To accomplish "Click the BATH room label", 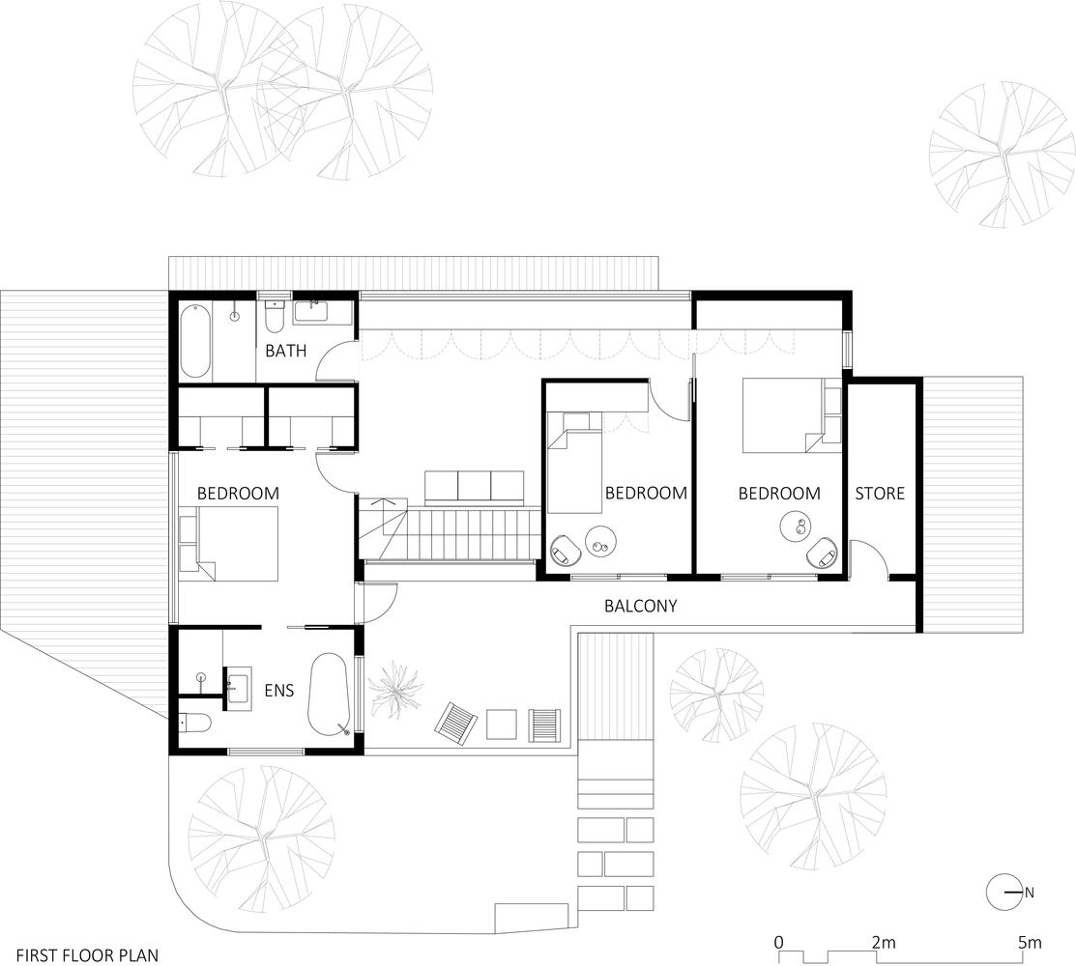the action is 285,351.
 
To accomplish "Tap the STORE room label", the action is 880,493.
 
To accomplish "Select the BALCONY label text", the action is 640,606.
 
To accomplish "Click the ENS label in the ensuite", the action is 279,690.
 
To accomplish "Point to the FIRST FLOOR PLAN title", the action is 87,955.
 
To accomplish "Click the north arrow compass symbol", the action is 1003,892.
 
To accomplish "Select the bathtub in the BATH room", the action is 196,340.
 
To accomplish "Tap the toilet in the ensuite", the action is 195,723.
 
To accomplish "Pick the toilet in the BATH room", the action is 274,315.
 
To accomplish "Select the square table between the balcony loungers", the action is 502,724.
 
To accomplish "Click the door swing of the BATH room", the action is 336,359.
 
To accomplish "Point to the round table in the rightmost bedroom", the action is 798,527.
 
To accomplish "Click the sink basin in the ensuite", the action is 238,684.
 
